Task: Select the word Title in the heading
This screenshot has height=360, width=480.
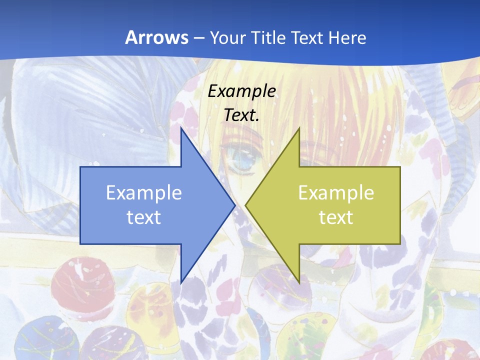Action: click(x=270, y=38)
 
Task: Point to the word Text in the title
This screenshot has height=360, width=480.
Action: click(x=307, y=38)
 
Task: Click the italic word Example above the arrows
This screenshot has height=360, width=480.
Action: click(x=241, y=91)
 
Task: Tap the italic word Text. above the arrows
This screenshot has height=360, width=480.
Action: click(x=240, y=115)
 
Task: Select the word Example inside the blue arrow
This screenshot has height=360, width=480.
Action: click(x=143, y=193)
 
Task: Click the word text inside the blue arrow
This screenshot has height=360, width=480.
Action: click(x=143, y=217)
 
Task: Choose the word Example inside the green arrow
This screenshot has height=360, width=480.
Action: click(x=336, y=193)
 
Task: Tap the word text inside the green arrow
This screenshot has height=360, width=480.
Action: click(x=336, y=217)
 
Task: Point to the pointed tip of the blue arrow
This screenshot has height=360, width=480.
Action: click(x=234, y=205)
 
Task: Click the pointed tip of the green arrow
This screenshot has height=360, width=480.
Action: click(x=245, y=205)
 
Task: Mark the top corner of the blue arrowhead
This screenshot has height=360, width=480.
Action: click(x=181, y=128)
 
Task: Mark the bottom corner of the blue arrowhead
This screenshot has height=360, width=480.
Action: click(x=181, y=282)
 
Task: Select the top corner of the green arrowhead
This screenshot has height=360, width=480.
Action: click(x=299, y=128)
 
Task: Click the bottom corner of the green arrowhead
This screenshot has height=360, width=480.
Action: click(x=299, y=282)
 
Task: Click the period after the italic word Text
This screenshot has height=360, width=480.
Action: click(x=257, y=120)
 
